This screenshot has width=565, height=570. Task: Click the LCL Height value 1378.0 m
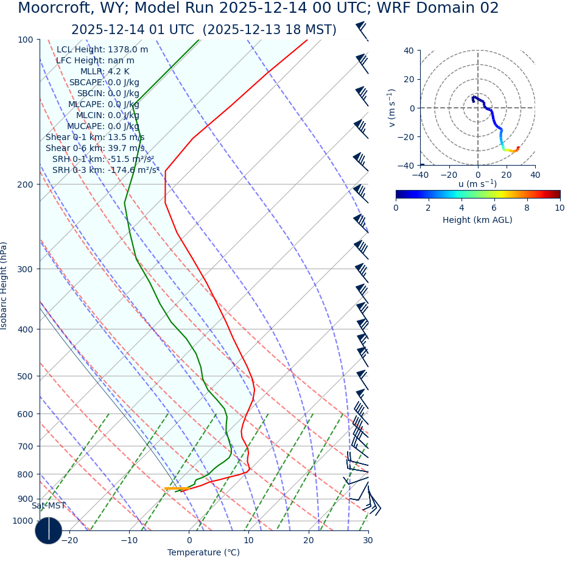pos(128,49)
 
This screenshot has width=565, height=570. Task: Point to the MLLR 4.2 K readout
pos(105,71)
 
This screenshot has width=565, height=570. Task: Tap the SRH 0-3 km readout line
pos(105,170)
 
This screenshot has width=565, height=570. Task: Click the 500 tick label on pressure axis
pos(25,376)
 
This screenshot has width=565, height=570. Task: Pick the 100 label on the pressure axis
pos(25,40)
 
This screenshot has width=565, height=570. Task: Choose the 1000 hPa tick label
pos(23,521)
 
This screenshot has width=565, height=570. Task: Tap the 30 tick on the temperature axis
pos(368,541)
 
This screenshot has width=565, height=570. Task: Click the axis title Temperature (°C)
pos(203,552)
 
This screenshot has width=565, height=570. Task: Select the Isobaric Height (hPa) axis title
pos(4,286)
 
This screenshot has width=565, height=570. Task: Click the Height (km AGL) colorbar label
pos(477,220)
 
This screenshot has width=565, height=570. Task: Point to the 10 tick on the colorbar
pos(560,208)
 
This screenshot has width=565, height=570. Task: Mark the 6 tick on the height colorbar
pos(494,208)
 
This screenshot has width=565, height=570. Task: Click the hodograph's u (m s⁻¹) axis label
pos(477,184)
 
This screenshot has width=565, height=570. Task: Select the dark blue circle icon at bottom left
pos(49,530)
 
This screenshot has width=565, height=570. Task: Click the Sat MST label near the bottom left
pos(49,505)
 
